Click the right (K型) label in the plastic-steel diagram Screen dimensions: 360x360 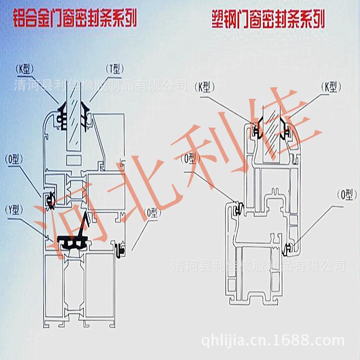332,87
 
